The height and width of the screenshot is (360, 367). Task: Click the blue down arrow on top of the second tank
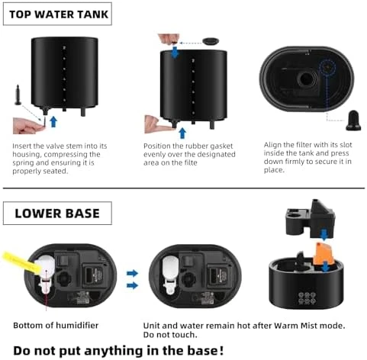click(175, 50)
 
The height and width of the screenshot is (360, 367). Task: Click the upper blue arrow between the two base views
click(132, 272)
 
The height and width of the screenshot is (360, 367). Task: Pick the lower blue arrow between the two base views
click(132, 285)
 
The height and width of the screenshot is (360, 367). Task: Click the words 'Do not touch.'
click(169, 334)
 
